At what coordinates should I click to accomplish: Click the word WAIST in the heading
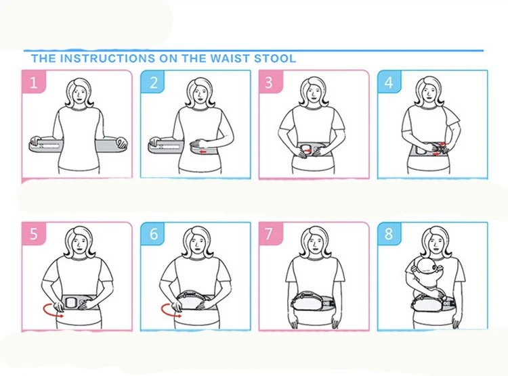point(230,59)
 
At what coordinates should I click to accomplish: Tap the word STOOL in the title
point(275,59)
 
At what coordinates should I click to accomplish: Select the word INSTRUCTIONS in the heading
point(108,59)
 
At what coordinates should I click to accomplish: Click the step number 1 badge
point(34,82)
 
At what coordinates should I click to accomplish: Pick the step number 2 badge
point(153,82)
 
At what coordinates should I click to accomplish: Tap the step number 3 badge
point(271,82)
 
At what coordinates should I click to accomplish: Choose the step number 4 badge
point(389,82)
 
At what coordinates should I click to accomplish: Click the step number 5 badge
point(34,233)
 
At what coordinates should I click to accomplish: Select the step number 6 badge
point(153,233)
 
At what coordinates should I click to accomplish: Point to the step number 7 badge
point(271,233)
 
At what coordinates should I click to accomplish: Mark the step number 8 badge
point(389,233)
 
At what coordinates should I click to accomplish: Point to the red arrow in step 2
point(203,151)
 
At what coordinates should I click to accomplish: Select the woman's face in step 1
point(79,93)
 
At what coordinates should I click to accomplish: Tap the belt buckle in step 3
point(306,150)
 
